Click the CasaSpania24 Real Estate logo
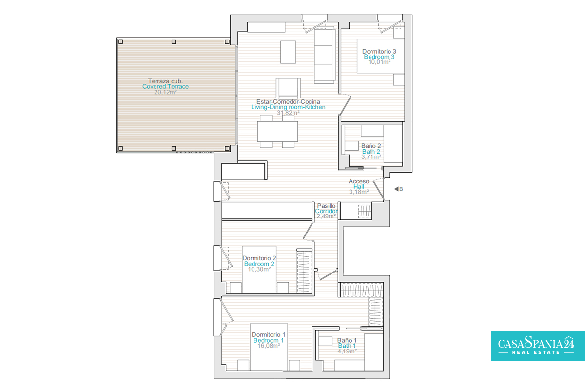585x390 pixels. pos(538,346)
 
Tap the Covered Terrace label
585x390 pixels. pos(165,86)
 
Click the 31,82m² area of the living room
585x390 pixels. pos(288,113)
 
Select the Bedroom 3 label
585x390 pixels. pos(379,57)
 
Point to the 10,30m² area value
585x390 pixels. pos(259,269)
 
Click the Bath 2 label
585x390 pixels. pos(371,152)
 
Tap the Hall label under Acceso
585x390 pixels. pos(359,187)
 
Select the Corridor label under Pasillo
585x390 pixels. pos(326,211)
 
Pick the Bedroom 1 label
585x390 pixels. pos(268,340)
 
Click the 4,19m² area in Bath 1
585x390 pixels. pos(347,351)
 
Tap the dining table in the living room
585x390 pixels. pos(277,132)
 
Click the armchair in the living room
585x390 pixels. pos(288,88)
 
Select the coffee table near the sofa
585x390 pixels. pos(288,52)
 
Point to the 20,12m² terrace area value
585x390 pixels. pos(165,92)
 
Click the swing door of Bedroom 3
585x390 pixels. pos(345,105)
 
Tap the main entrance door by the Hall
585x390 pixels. pos(378,190)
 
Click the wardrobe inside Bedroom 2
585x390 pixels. pos(304,272)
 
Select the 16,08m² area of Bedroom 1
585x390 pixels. pos(269,346)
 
